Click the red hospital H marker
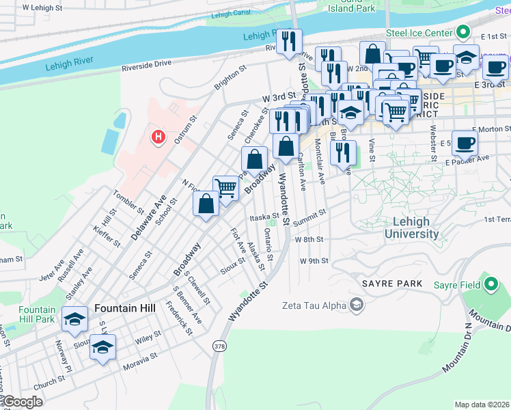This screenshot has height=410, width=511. point(158,137)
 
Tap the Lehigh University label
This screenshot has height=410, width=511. point(411,228)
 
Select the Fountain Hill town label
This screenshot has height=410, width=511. point(125,308)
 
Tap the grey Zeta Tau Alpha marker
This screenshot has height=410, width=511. point(356,305)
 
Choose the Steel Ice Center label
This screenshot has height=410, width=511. point(419,33)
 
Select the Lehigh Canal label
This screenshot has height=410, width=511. point(233,14)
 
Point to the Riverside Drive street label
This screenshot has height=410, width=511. point(146,64)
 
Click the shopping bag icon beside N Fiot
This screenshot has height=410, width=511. point(206,204)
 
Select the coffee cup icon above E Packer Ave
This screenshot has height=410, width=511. point(465,143)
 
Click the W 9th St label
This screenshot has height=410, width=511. point(314,261)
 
